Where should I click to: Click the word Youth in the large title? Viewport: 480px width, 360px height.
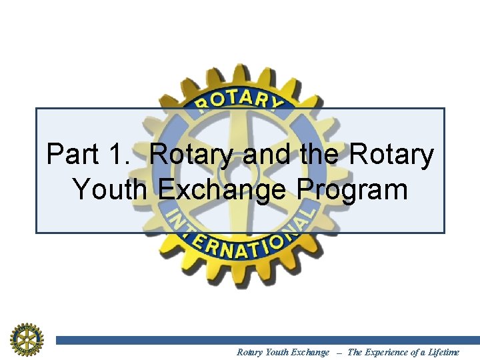(111, 189)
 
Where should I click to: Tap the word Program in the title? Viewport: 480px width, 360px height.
(353, 191)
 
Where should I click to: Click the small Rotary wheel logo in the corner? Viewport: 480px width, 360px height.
(26, 339)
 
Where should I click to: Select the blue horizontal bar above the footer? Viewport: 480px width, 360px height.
(267, 340)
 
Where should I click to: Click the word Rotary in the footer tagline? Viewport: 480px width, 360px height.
(250, 352)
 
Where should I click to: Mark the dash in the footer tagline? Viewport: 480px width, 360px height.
(338, 352)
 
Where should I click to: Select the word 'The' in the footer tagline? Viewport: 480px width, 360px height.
(355, 352)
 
